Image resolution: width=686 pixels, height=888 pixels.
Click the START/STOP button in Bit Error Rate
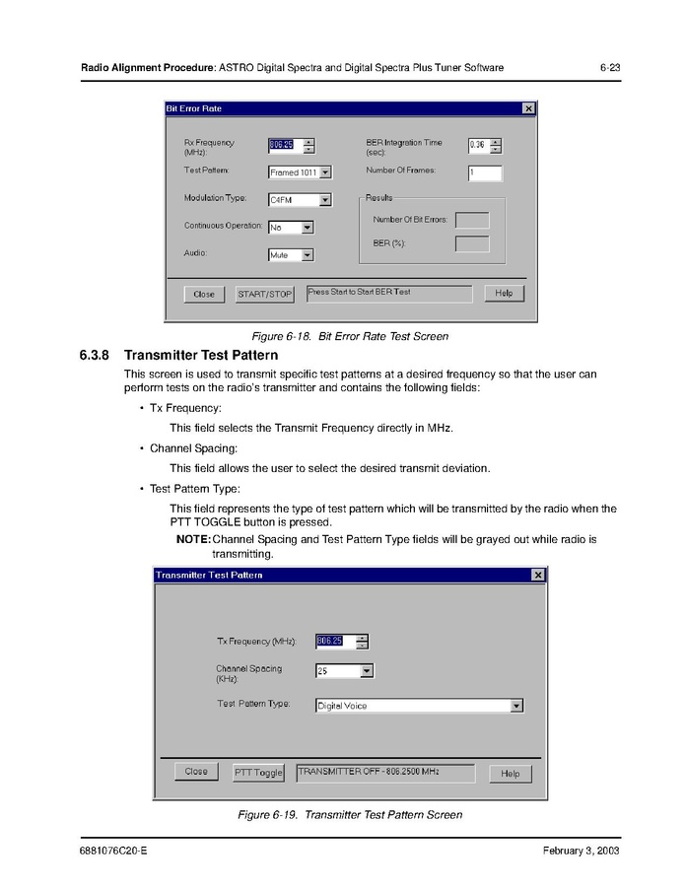[265, 294]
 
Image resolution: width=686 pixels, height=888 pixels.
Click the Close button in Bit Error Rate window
[203, 294]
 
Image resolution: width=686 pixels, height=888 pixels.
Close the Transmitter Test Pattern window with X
[538, 575]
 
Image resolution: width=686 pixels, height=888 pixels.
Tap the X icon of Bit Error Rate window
[528, 108]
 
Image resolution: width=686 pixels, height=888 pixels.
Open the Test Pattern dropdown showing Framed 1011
[300, 172]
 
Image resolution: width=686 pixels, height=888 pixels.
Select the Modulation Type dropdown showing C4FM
[300, 200]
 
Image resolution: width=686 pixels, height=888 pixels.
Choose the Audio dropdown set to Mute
[291, 254]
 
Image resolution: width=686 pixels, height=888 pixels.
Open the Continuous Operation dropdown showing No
[291, 227]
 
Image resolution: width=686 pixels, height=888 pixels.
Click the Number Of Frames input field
[484, 173]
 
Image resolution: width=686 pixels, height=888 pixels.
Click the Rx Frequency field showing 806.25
[282, 146]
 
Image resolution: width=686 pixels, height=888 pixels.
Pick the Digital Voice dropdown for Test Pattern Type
[419, 706]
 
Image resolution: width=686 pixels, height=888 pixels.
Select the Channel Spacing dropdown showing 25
[344, 671]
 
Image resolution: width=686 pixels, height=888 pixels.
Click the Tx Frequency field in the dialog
[329, 642]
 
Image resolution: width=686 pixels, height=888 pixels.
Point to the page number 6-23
[609, 68]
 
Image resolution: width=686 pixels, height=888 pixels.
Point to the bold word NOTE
[192, 540]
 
